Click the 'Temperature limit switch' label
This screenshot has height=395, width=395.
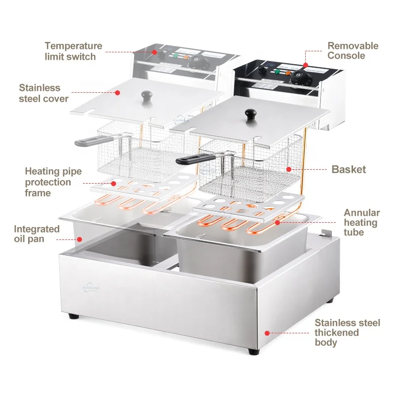[x=73, y=51]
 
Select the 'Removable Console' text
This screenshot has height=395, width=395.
[x=353, y=51]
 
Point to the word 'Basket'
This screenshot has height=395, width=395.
[x=349, y=169]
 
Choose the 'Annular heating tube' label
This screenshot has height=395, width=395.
[x=361, y=222]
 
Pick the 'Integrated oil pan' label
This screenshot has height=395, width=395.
[x=37, y=234]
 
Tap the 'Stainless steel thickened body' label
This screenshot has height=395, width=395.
[x=348, y=332]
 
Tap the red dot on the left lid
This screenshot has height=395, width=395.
[x=118, y=93]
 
